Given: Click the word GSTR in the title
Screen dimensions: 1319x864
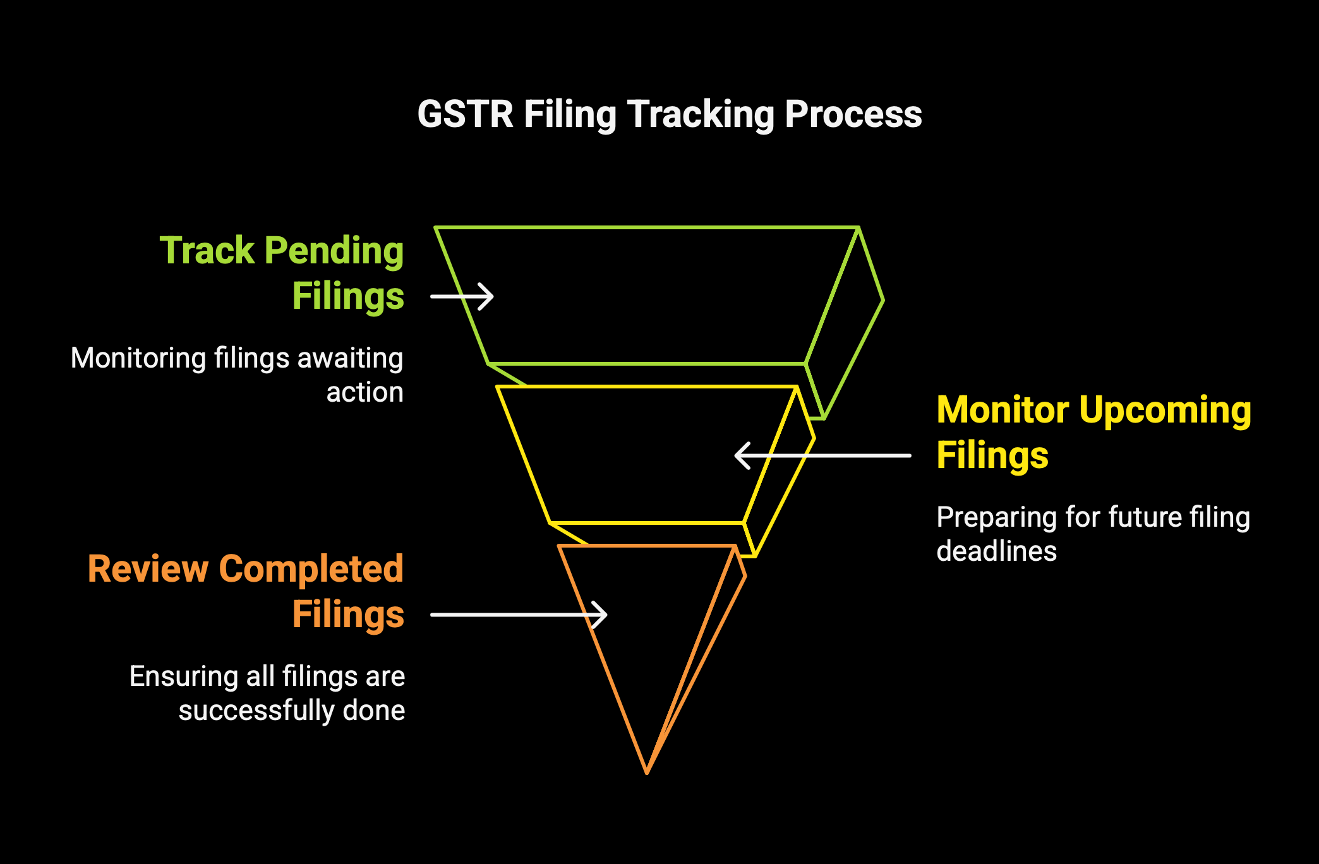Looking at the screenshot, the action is coord(466,114).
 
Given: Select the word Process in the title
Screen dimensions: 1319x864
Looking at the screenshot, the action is coord(853,114).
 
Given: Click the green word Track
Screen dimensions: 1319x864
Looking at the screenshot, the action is coord(207,250).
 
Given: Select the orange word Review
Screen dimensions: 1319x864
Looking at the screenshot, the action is coord(148,569).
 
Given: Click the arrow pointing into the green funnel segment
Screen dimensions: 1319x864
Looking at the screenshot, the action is coord(462,297).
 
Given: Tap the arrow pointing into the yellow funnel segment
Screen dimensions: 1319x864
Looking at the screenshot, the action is coord(822,455).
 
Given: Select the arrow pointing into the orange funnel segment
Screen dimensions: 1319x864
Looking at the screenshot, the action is coord(519,615).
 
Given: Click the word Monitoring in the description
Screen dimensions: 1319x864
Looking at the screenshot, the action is coord(138,359).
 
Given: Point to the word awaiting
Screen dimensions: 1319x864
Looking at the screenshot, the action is coord(350,359).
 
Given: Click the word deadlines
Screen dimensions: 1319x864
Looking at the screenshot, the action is coord(996,551).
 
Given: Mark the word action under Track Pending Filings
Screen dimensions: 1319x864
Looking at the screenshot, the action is coord(364,393).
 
